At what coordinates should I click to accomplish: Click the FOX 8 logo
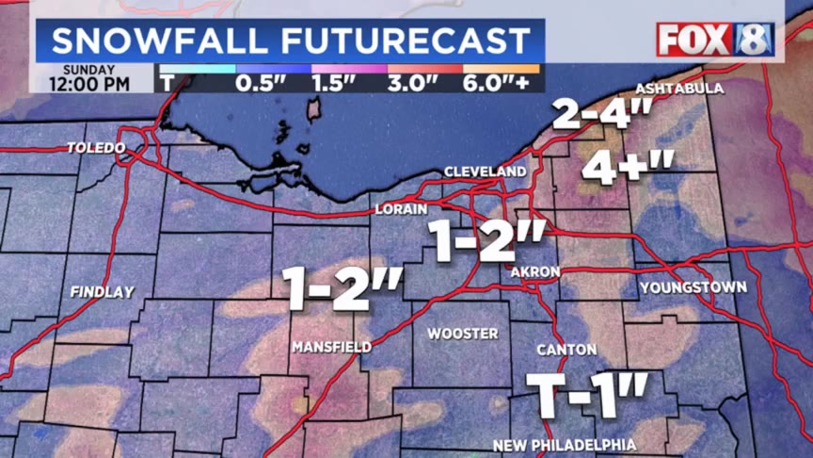click(x=715, y=40)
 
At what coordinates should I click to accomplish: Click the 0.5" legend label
click(x=261, y=83)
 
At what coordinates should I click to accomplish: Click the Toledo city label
click(x=96, y=148)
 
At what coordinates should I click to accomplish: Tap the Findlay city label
click(x=102, y=292)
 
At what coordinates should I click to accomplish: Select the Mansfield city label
click(x=331, y=347)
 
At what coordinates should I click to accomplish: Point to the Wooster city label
click(x=463, y=334)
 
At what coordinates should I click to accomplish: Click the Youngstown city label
click(x=693, y=286)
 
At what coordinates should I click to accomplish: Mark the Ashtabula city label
click(x=679, y=89)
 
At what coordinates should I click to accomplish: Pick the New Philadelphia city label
click(x=565, y=445)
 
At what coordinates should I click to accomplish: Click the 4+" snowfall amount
click(x=628, y=168)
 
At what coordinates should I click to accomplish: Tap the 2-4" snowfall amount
click(x=602, y=115)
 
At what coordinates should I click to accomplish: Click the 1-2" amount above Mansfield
click(x=343, y=288)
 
